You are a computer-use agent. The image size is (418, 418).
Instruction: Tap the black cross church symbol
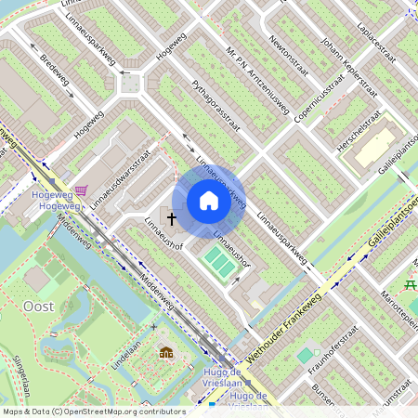[x=171, y=218]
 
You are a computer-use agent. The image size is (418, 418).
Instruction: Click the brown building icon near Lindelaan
[x=166, y=353]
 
